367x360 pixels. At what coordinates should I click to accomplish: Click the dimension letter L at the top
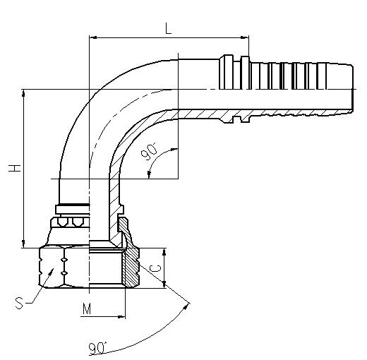pyautogui.click(x=169, y=28)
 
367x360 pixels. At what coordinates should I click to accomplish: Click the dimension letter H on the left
pyautogui.click(x=15, y=168)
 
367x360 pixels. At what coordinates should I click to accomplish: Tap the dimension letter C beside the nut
pyautogui.click(x=156, y=268)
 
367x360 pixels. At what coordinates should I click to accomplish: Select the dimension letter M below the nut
pyautogui.click(x=87, y=308)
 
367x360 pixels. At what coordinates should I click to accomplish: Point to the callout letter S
pyautogui.click(x=19, y=303)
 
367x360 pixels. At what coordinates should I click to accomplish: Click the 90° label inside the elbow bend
pyautogui.click(x=150, y=152)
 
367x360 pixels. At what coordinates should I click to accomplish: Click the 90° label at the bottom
pyautogui.click(x=97, y=348)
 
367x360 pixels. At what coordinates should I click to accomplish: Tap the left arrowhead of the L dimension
pyautogui.click(x=93, y=37)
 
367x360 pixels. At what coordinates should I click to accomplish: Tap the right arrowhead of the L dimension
pyautogui.click(x=245, y=37)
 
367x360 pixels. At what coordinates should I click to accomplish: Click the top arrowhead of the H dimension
pyautogui.click(x=23, y=93)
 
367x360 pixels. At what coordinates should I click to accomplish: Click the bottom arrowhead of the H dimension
pyautogui.click(x=23, y=244)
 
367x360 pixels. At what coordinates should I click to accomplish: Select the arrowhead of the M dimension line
pyautogui.click(x=121, y=317)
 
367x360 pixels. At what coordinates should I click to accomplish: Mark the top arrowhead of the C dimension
pyautogui.click(x=164, y=252)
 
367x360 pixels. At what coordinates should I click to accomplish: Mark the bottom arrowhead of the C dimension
pyautogui.click(x=164, y=284)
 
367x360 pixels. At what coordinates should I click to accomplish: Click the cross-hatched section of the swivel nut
pyautogui.click(x=131, y=263)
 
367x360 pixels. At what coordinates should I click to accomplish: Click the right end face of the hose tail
pyautogui.click(x=352, y=89)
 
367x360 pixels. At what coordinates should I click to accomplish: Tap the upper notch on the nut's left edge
pyautogui.click(x=41, y=259)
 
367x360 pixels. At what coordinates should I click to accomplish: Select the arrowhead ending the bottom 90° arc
pyautogui.click(x=186, y=306)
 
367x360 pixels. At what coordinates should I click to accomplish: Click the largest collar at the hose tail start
pyautogui.click(x=228, y=72)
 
